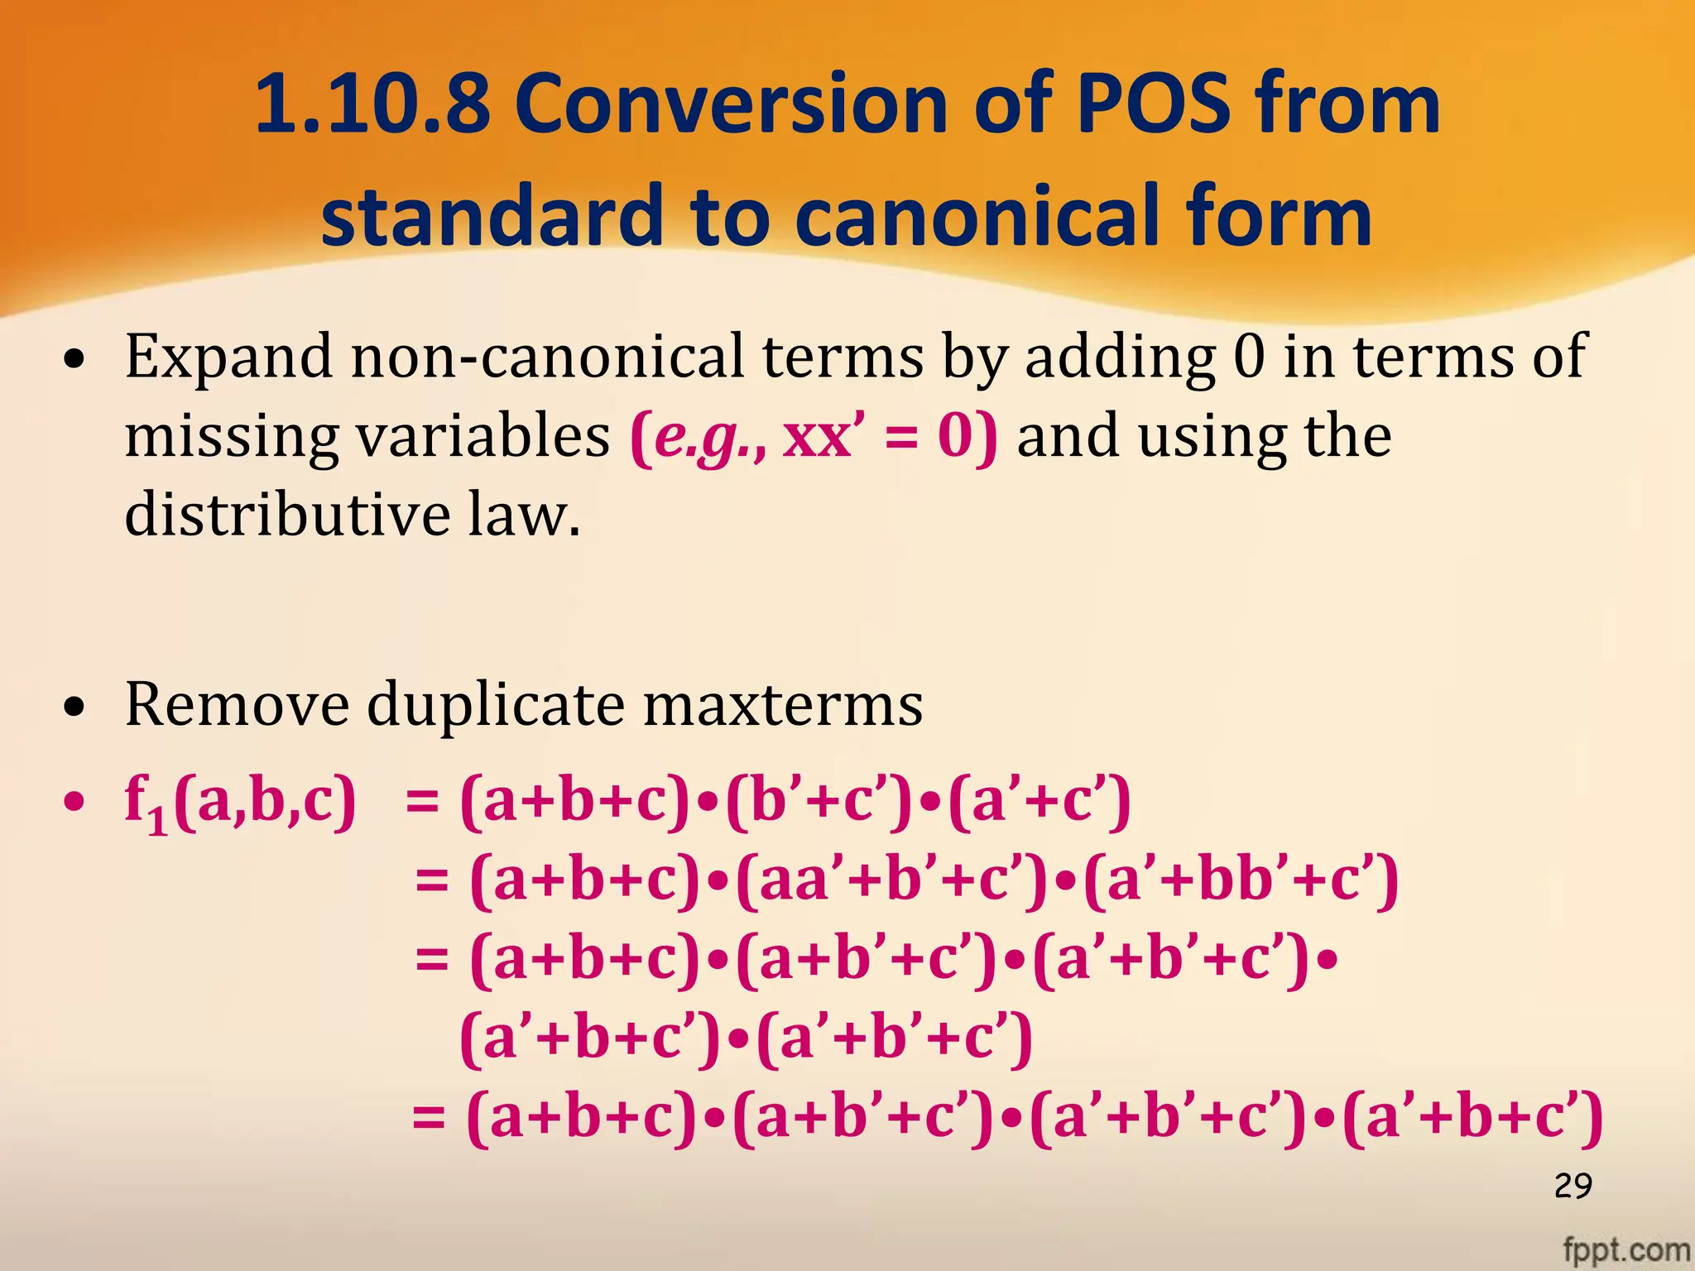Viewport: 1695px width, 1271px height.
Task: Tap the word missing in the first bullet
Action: click(232, 437)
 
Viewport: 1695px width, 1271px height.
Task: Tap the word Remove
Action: click(237, 704)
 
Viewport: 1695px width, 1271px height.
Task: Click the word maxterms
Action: click(783, 704)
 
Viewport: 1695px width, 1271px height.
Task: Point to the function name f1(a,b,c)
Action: click(240, 803)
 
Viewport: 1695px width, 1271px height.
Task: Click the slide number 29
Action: click(1573, 1186)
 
